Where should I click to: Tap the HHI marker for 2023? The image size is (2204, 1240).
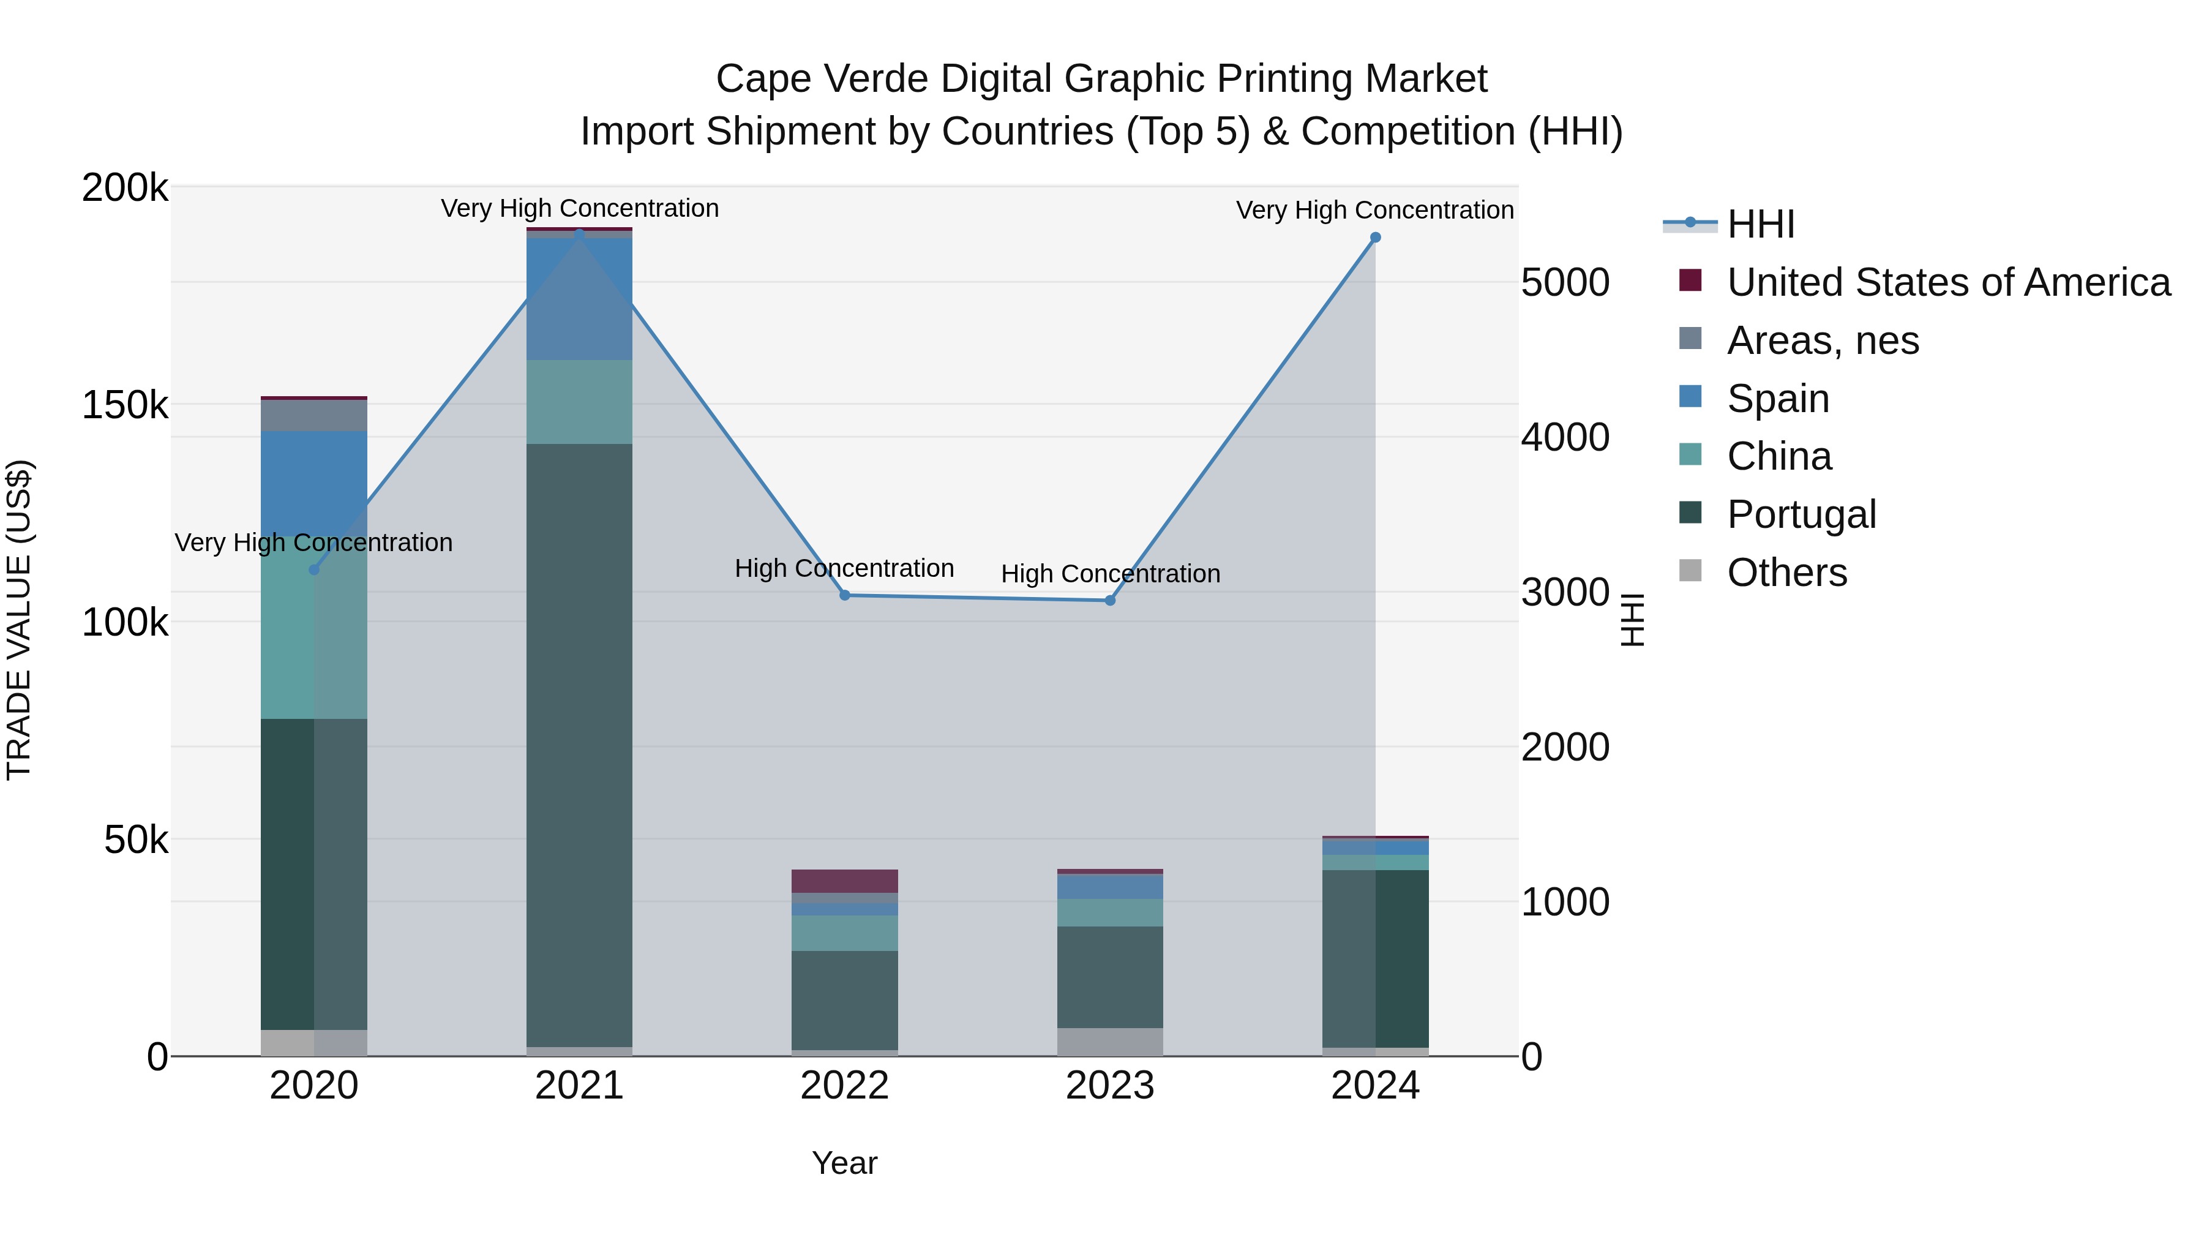1110,601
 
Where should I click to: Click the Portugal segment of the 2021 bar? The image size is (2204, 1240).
579,745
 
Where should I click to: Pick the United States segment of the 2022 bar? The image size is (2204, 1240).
844,881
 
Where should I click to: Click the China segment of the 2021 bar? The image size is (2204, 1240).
579,402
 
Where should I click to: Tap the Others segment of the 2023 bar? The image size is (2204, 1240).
1110,1042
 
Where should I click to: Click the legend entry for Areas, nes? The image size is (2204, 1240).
1823,340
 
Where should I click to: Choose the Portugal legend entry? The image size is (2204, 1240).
1801,514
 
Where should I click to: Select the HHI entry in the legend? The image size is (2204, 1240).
1760,224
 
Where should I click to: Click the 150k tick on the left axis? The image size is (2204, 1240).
125,405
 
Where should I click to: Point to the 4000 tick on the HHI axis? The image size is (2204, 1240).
1565,437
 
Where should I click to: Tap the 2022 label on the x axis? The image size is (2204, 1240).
844,1086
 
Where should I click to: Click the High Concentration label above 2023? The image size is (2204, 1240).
1110,573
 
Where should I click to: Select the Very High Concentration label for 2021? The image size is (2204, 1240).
579,208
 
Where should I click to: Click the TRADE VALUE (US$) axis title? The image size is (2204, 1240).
19,620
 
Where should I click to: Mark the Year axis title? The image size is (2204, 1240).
844,1163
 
